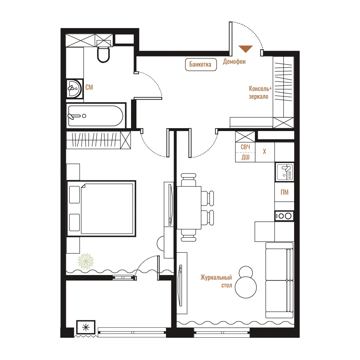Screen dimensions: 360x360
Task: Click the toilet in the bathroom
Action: point(103,54)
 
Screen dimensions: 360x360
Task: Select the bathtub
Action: point(95,116)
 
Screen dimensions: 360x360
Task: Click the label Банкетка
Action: point(200,64)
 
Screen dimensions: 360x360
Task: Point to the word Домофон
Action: point(234,62)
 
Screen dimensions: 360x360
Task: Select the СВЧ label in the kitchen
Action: point(245,147)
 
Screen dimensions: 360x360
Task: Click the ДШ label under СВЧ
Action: point(246,157)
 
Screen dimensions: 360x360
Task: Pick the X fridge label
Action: point(265,151)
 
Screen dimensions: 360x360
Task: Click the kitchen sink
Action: point(285,172)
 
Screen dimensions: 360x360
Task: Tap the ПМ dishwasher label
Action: point(284,192)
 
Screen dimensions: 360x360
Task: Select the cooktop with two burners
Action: point(284,216)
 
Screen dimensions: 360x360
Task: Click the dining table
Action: point(189,208)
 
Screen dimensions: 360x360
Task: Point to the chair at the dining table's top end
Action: point(189,180)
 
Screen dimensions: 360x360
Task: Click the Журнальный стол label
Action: point(216,281)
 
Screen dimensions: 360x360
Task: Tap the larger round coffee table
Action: point(246,287)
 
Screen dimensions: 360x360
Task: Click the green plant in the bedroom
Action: point(86,261)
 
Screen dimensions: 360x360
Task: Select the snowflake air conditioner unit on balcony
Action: point(86,327)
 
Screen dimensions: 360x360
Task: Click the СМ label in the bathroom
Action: point(89,87)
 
